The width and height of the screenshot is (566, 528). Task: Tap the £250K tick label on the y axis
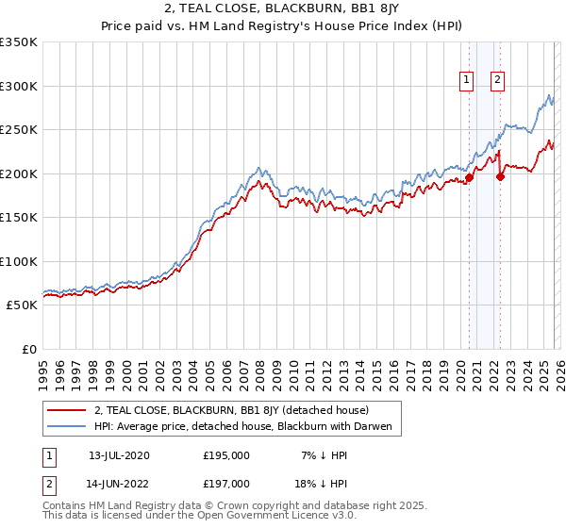19,130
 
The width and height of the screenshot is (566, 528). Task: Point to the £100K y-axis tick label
19,261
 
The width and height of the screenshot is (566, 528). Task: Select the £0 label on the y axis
28,349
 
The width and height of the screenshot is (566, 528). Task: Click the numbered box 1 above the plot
467,81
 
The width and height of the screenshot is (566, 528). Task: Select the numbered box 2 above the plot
497,81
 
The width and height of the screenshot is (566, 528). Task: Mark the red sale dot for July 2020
469,177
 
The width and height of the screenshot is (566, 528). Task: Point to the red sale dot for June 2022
500,175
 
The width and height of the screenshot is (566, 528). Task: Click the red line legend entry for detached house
236,411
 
